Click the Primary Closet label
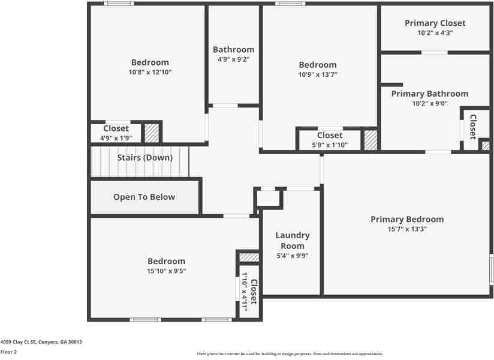click(x=435, y=23)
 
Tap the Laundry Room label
click(x=293, y=241)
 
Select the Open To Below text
click(x=144, y=197)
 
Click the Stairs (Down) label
click(x=144, y=158)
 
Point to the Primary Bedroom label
click(x=407, y=219)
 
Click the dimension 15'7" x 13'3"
click(x=407, y=229)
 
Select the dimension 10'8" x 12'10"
click(x=150, y=72)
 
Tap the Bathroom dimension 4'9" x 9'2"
click(x=233, y=59)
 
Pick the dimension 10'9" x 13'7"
click(x=318, y=74)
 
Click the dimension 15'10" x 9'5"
click(x=167, y=271)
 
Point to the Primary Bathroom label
click(x=430, y=94)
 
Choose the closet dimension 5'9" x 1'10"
click(x=330, y=145)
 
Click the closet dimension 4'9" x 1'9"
click(x=116, y=138)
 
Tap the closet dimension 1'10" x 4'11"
click(x=245, y=291)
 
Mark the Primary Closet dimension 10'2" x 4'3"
click(x=435, y=33)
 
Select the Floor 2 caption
click(x=8, y=352)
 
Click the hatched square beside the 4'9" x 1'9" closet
click(x=152, y=133)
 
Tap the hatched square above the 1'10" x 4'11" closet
click(x=249, y=257)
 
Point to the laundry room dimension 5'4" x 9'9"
click(x=293, y=256)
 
